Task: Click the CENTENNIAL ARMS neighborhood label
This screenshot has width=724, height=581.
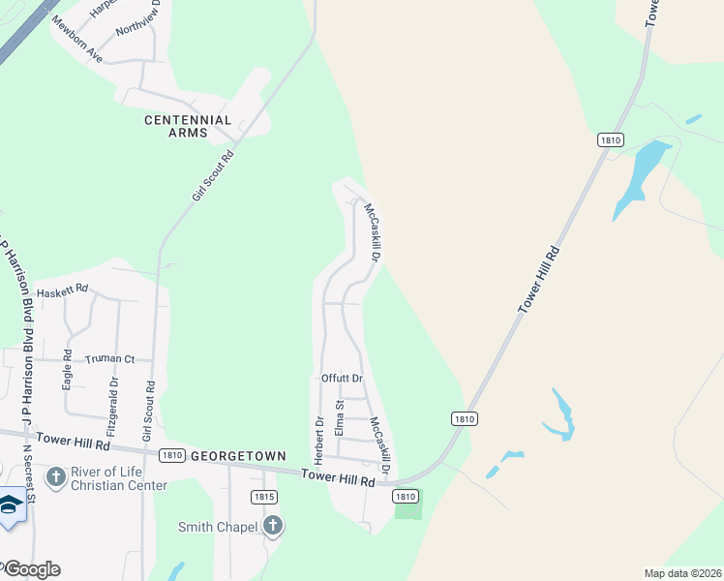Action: (188, 126)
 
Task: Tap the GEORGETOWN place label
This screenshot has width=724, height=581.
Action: (238, 455)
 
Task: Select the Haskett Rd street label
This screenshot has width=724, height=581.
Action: (62, 290)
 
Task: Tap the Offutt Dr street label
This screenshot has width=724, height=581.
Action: (342, 378)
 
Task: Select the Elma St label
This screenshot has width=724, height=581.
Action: (340, 417)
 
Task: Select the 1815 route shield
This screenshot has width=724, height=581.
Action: (263, 497)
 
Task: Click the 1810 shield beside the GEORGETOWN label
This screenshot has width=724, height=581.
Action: (173, 455)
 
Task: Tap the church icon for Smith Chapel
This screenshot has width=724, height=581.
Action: (273, 526)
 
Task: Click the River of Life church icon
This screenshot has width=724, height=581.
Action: (56, 476)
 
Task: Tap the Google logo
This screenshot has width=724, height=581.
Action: (31, 569)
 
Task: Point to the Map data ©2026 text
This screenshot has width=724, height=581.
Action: (681, 573)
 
